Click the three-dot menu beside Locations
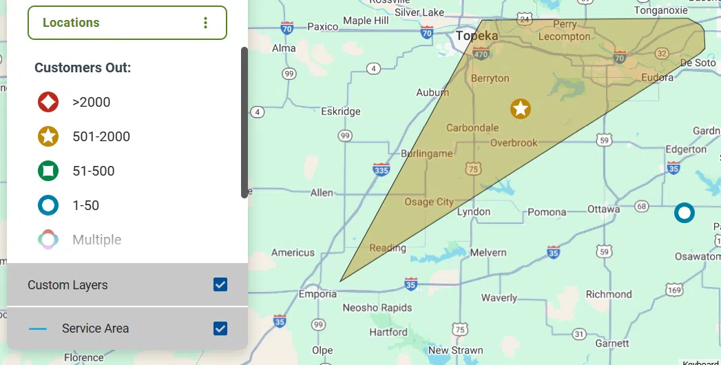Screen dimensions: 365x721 205,23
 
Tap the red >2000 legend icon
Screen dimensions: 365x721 48,103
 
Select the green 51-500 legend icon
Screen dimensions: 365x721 48,171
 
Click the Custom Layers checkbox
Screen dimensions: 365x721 220,284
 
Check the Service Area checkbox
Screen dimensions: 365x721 220,328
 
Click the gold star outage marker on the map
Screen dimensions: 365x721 521,108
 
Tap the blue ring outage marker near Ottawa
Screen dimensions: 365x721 684,213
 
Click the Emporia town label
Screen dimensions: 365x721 317,294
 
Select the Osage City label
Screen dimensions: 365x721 429,202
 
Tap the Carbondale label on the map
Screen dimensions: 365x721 472,127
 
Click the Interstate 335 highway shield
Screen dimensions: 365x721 380,169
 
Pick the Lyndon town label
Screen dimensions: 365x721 474,211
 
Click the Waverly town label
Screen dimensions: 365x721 499,298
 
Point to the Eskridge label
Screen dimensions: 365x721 340,111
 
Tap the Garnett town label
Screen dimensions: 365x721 612,343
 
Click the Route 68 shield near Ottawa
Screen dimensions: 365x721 642,206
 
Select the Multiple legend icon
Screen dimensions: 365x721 48,240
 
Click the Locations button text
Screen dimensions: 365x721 71,23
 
